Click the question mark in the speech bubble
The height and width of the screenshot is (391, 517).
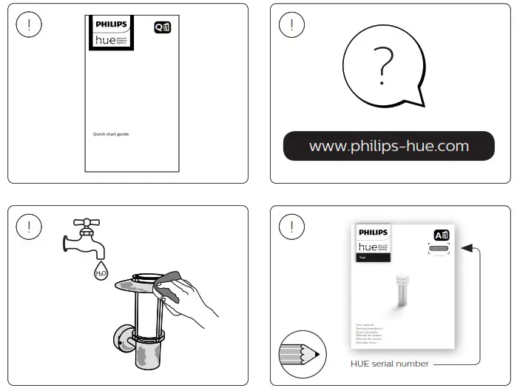click(x=382, y=66)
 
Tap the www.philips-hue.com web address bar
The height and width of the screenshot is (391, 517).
click(x=389, y=146)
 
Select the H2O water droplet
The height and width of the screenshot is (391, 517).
click(x=101, y=272)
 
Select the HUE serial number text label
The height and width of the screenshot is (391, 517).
click(x=389, y=364)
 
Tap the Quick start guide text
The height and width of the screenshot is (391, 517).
click(x=110, y=134)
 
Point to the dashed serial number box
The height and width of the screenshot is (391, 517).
click(x=439, y=249)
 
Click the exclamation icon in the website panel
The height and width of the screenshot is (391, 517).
click(x=291, y=24)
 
